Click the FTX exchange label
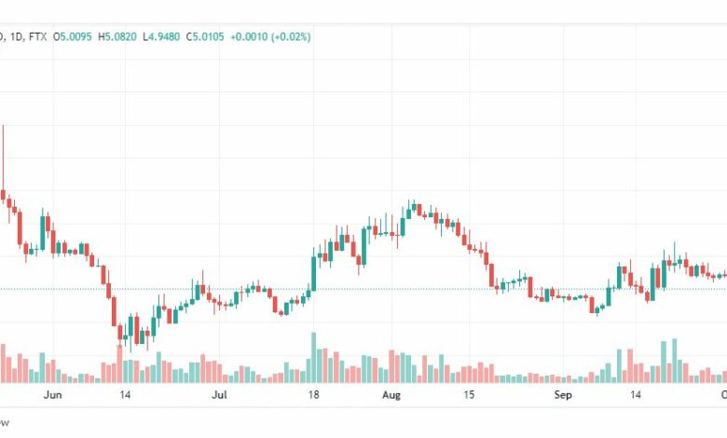38,36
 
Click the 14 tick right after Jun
124,395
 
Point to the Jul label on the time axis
219,395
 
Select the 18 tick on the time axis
314,395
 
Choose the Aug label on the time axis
391,395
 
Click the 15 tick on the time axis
470,395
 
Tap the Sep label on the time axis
563,395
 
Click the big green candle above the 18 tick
314,271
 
